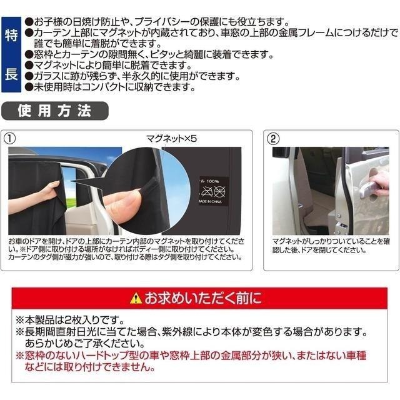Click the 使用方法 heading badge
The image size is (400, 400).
(54, 112)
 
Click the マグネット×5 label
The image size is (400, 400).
(171, 140)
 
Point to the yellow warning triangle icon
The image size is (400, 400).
(136, 298)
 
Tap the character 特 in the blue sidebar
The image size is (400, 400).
(11, 34)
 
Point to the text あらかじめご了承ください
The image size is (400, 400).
(84, 344)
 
